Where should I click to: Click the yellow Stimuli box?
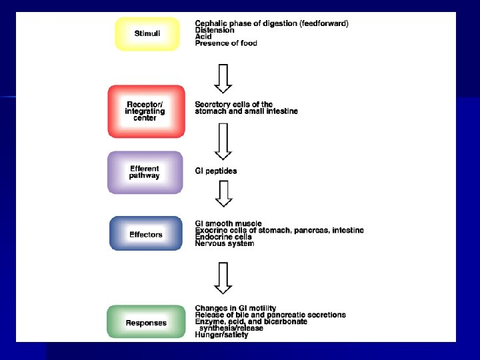point(147,33)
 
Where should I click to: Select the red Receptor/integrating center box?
point(145,111)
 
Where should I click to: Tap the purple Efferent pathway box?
point(145,172)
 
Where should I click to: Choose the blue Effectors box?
point(145,234)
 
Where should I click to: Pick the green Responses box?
point(146,323)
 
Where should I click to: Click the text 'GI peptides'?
point(215,171)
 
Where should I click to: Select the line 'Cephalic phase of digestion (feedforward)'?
point(271,23)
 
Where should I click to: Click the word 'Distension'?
point(215,30)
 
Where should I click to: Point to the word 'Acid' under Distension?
point(203,37)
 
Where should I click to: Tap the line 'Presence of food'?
point(225,43)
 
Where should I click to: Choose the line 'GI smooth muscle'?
point(228,224)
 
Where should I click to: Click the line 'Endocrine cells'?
point(223,237)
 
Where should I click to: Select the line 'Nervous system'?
point(224,243)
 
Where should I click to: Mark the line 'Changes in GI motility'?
point(235,308)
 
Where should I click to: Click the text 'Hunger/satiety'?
point(221,335)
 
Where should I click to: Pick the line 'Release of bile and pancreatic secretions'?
point(270,315)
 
